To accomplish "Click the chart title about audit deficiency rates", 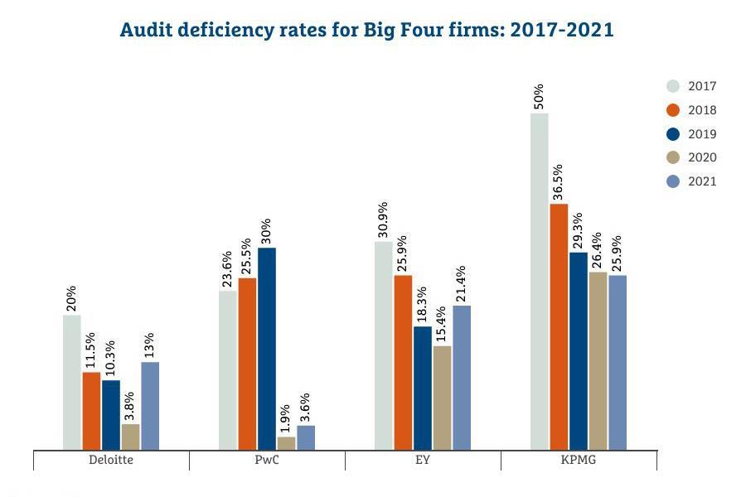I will tap(366, 31).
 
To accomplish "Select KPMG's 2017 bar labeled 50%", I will tap(539, 282).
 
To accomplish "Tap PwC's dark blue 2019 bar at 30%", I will tap(267, 349).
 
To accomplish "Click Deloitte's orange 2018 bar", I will tap(91, 411).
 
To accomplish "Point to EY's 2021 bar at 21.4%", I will tap(462, 378).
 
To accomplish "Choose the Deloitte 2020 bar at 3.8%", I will tap(130, 437).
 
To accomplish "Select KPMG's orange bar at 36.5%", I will tap(559, 326).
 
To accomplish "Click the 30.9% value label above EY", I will tap(382, 220).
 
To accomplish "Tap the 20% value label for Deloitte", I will tap(71, 299).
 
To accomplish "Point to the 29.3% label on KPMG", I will tap(578, 231).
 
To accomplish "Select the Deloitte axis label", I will tap(110, 460).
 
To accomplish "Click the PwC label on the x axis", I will tap(267, 460).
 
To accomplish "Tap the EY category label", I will tap(422, 460).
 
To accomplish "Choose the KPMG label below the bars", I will tap(578, 460).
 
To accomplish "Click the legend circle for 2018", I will tap(673, 110).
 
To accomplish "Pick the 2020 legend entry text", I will tap(702, 157).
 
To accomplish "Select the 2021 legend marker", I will tap(673, 181).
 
